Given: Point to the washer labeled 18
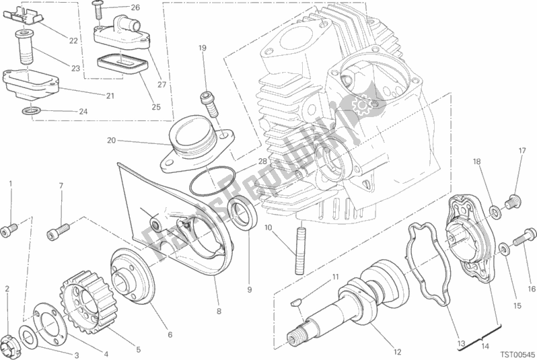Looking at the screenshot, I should [x=494, y=213].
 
